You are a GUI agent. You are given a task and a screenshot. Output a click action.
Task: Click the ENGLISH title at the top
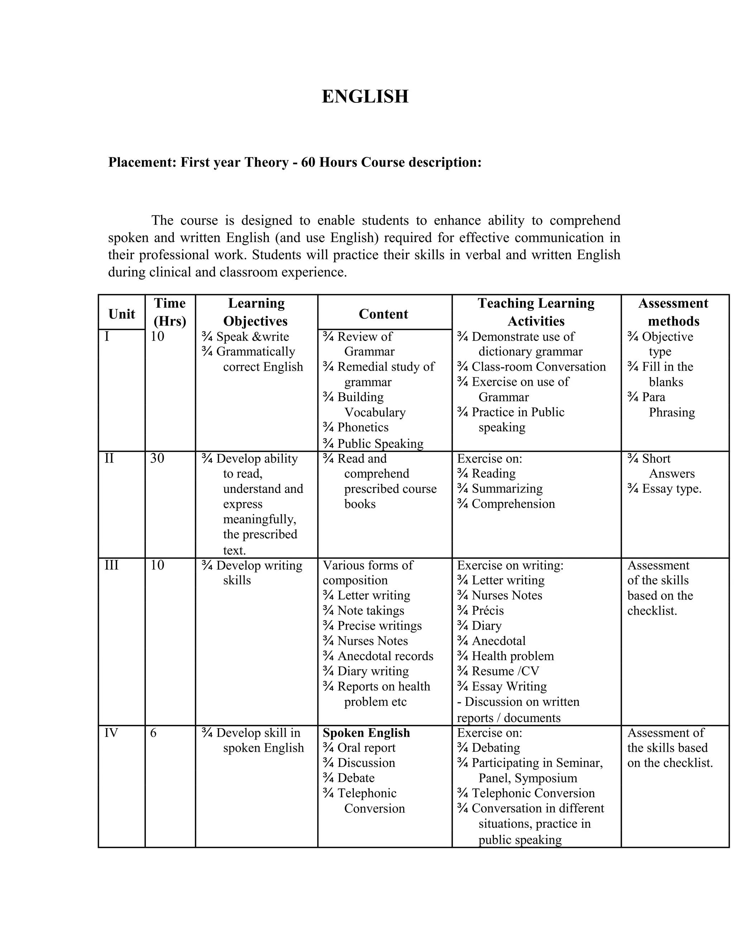(x=365, y=96)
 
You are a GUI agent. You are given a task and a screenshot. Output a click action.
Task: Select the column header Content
(x=383, y=314)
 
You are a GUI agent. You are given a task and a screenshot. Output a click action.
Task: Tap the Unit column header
(x=121, y=314)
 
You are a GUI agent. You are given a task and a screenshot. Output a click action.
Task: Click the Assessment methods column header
(x=673, y=312)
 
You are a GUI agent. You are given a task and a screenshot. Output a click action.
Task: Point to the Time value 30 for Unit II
(x=157, y=459)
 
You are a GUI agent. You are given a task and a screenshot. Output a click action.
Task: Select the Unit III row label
(x=111, y=565)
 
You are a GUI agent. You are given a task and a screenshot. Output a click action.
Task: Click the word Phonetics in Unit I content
(x=363, y=427)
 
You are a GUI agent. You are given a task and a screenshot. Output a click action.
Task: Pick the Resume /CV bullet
(x=505, y=671)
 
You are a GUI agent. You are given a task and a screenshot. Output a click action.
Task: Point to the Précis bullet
(x=487, y=611)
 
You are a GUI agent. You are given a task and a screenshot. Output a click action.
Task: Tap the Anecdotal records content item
(x=385, y=656)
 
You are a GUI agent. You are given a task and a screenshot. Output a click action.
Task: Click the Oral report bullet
(x=366, y=748)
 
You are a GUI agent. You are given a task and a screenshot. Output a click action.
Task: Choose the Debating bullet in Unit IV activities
(x=495, y=748)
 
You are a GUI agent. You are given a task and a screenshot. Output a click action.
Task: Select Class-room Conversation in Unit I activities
(x=538, y=367)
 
